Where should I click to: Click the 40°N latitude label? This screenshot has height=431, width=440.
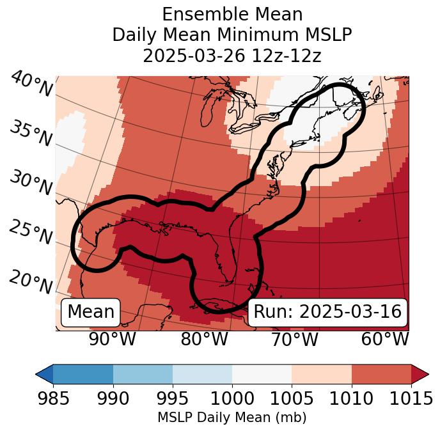pos(31,84)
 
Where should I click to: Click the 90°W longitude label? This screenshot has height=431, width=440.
pos(113,339)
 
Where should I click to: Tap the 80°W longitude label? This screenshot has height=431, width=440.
pos(204,339)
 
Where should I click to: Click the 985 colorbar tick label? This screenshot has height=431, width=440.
pos(53,399)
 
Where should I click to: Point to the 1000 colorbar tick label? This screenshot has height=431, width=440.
pos(232,399)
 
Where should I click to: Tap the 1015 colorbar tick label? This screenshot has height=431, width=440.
pos(411,399)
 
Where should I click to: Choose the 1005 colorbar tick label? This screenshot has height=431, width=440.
pos(292,399)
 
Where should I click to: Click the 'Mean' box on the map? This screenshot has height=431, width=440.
pos(91,312)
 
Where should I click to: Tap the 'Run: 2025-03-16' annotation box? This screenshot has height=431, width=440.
pos(327,312)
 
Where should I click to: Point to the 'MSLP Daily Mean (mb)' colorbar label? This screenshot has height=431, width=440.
pos(232,418)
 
